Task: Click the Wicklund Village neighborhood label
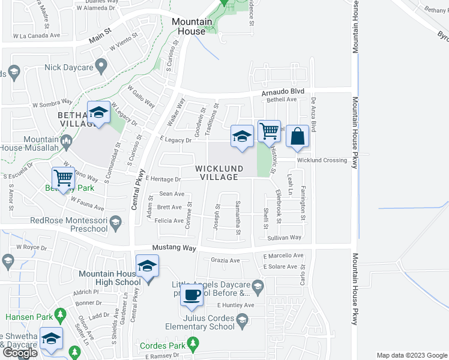(x=220, y=173)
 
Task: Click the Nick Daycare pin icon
(x=101, y=65)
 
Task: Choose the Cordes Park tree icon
(x=192, y=343)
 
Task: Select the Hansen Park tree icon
(x=59, y=314)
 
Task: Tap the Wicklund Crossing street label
(x=322, y=160)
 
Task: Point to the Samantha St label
(x=238, y=215)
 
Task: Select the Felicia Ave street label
(x=170, y=221)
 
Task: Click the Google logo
(x=20, y=353)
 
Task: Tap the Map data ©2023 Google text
(x=411, y=355)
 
